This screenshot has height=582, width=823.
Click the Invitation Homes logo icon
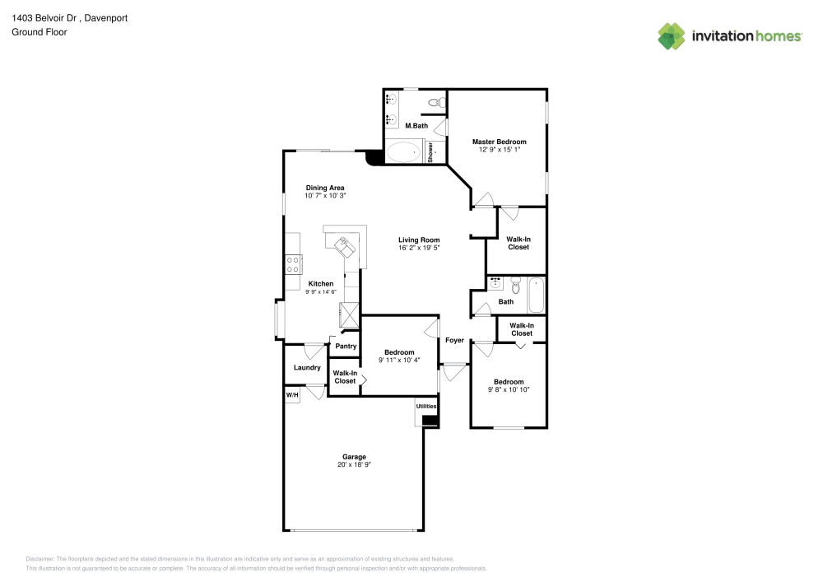point(672,35)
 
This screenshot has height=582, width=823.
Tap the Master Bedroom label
point(499,142)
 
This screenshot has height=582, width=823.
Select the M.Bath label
point(416,125)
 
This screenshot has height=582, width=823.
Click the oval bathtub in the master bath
point(403,152)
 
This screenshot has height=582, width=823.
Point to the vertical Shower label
point(430,153)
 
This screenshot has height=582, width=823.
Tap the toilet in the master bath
point(439,102)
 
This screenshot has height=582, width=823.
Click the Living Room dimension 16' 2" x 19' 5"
point(420,247)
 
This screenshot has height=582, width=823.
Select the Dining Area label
point(325,187)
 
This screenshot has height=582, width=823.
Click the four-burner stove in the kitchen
point(292,263)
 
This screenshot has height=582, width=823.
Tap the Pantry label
point(346,346)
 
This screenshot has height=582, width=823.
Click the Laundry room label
point(307,367)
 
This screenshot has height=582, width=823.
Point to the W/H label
point(292,396)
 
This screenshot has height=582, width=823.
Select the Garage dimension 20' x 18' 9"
point(354,465)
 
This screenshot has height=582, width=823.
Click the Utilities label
point(426,407)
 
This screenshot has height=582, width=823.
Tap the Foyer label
point(454,340)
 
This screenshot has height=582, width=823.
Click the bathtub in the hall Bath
point(536,296)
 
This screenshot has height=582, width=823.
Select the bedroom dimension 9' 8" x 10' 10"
point(509,389)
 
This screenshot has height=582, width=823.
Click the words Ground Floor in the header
point(40,32)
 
